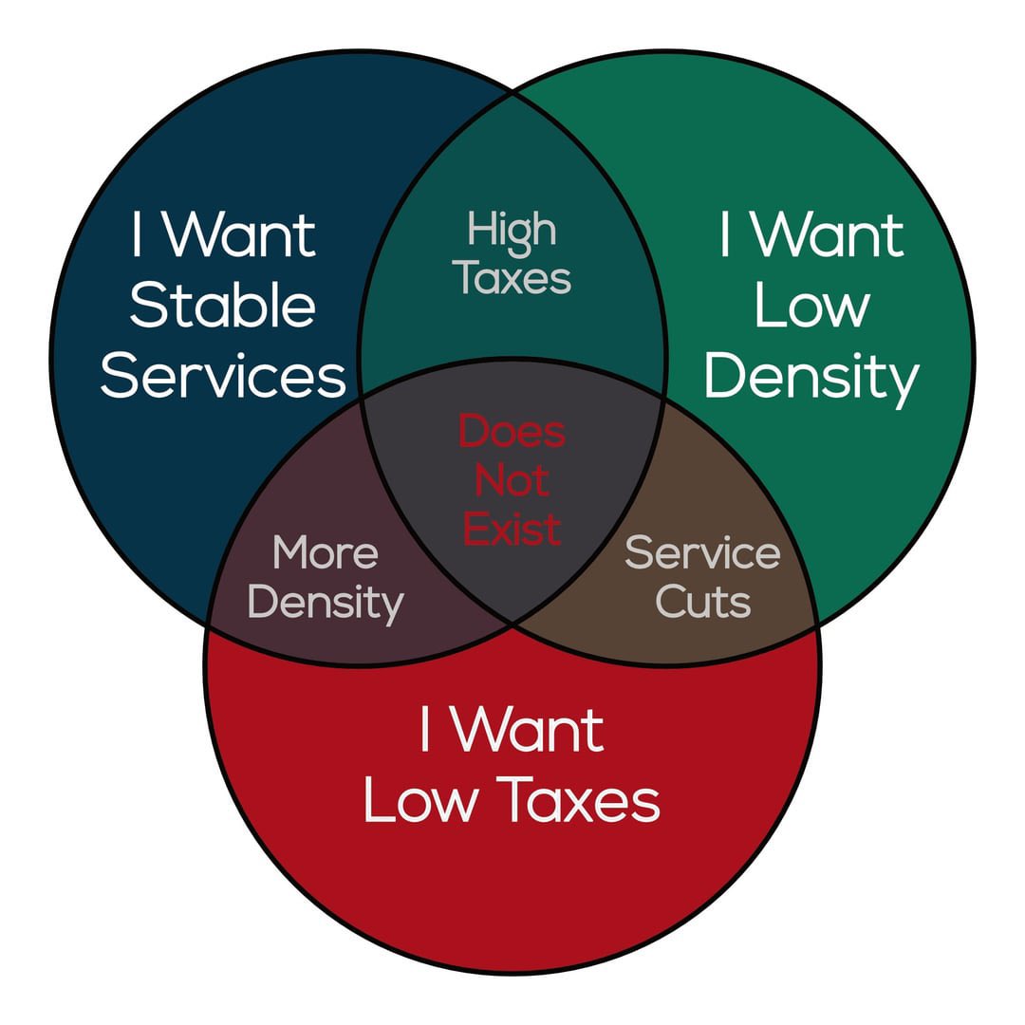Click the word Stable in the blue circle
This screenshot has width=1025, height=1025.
point(222,306)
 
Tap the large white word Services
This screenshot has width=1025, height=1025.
point(223,377)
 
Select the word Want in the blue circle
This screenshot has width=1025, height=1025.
point(239,234)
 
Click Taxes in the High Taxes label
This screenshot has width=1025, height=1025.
point(512,278)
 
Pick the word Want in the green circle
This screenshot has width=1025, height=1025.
point(829,234)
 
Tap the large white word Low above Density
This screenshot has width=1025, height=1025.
point(812,306)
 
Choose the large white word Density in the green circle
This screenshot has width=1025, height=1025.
point(812,379)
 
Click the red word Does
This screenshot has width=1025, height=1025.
point(512,432)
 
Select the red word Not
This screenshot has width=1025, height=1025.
point(512,481)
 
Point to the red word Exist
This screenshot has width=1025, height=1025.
point(512,529)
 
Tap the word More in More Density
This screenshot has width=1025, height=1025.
point(326,552)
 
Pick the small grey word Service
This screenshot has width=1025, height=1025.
point(702,552)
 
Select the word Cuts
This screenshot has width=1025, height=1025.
point(703,602)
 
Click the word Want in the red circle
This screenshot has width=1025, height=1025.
point(527,731)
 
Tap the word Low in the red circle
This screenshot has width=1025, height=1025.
point(421,802)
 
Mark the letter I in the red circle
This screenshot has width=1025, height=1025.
point(426,731)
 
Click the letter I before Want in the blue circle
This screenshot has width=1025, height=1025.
point(138,234)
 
